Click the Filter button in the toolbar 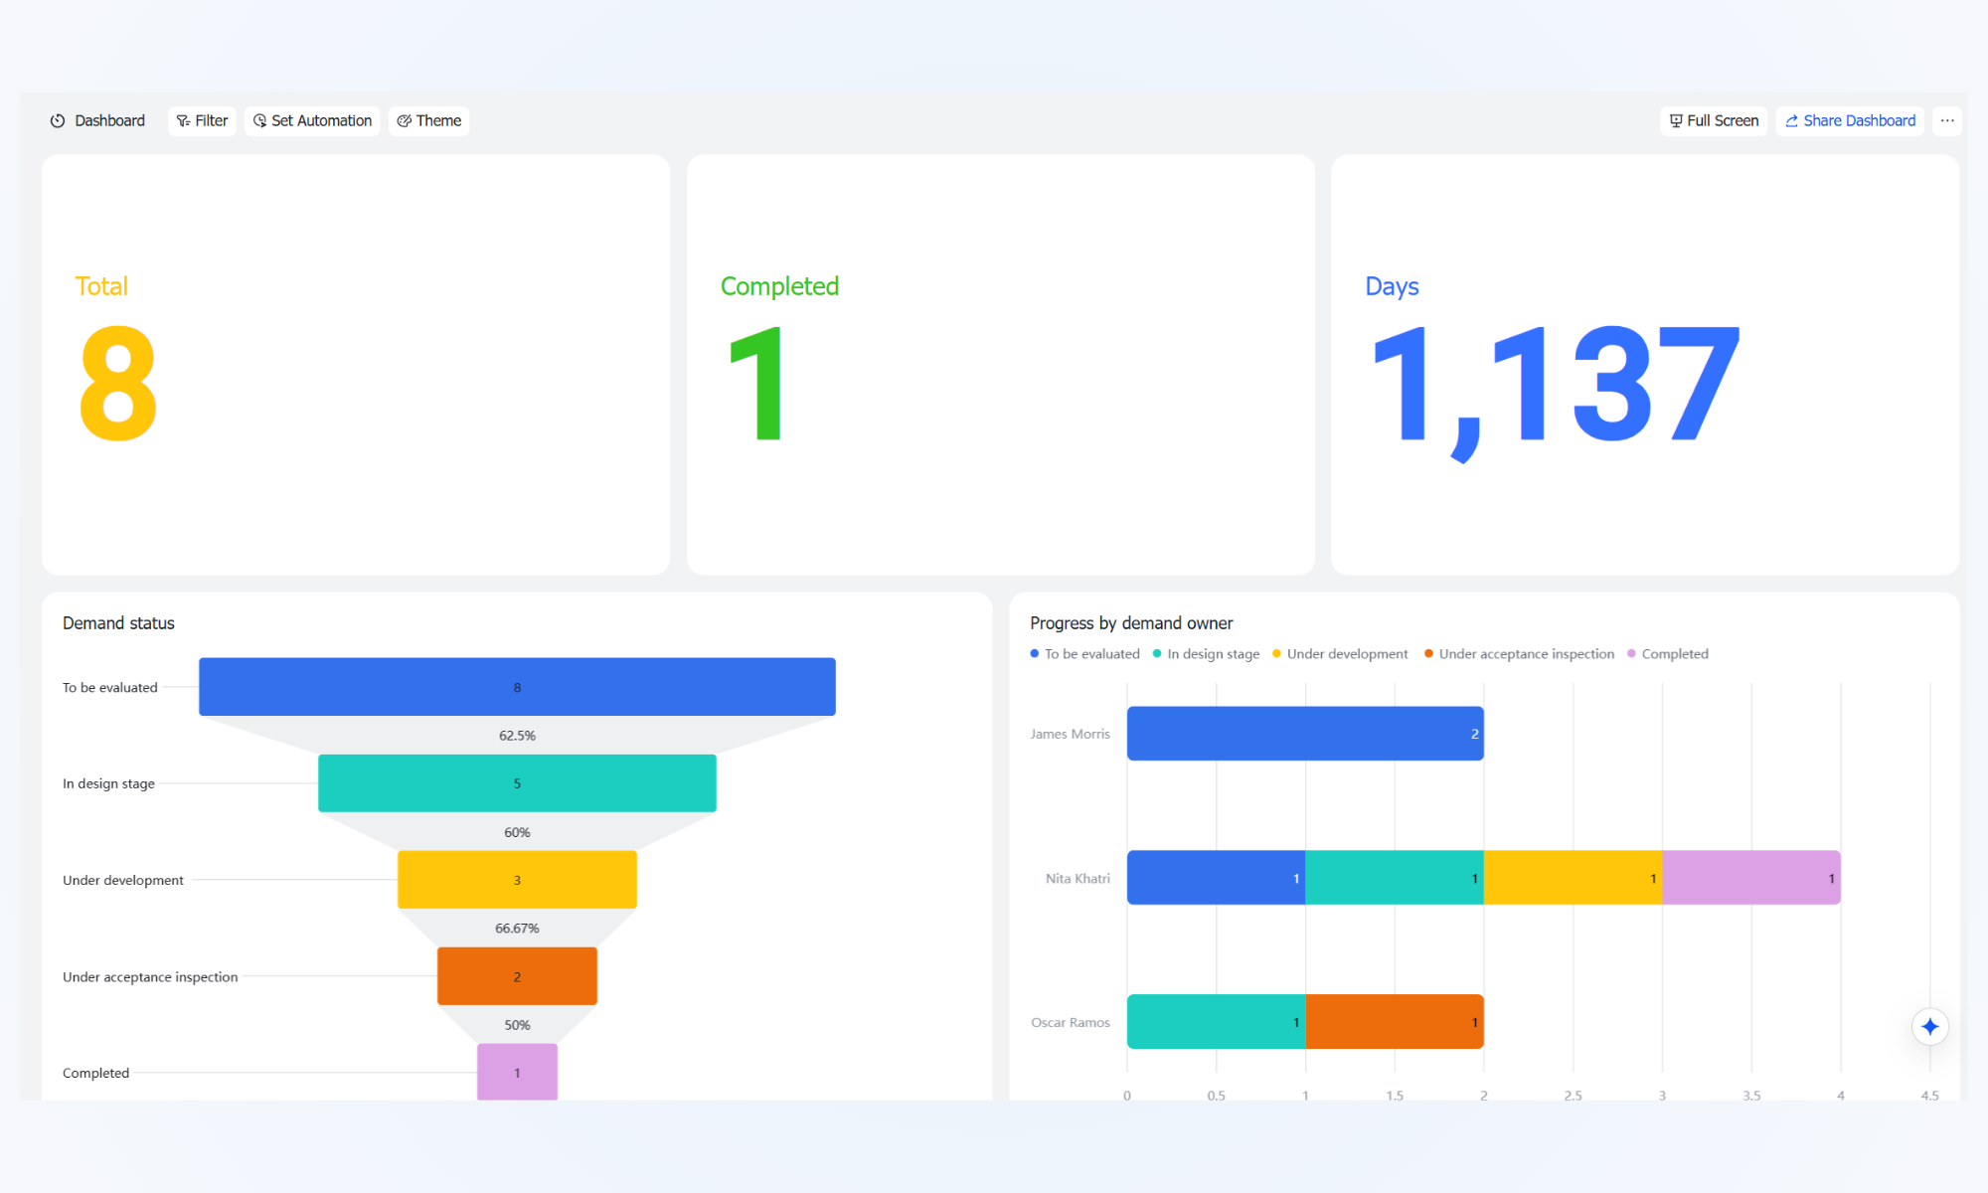(x=202, y=120)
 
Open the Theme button (x=428, y=120)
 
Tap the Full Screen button (x=1714, y=120)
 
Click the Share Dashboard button (x=1850, y=120)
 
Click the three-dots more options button (x=1947, y=120)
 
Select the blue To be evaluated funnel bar (x=517, y=687)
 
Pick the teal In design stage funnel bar (x=517, y=783)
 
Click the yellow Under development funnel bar (x=517, y=880)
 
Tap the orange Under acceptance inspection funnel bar (x=517, y=976)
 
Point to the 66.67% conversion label (x=517, y=929)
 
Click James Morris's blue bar (x=1305, y=734)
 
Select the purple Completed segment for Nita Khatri (x=1751, y=878)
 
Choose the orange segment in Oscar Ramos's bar (x=1395, y=1022)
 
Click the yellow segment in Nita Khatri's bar (x=1574, y=878)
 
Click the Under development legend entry (x=1340, y=654)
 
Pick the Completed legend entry (x=1668, y=654)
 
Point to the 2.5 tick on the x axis (x=1573, y=1096)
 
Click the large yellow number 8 (x=118, y=384)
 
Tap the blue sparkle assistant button (x=1929, y=1027)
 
